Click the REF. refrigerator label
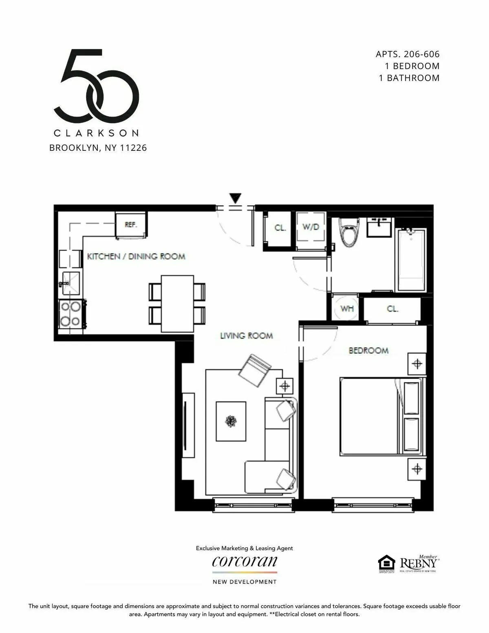[130, 225]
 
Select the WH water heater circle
[347, 309]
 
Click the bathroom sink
[379, 227]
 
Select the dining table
[177, 304]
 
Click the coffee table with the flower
[231, 421]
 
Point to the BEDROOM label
[368, 351]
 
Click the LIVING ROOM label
[246, 336]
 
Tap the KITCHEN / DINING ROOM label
[136, 256]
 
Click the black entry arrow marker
[235, 198]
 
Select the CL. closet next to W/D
[280, 228]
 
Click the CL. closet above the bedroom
[392, 309]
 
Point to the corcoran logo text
[244, 562]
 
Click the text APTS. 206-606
[407, 54]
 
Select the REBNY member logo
[418, 564]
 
